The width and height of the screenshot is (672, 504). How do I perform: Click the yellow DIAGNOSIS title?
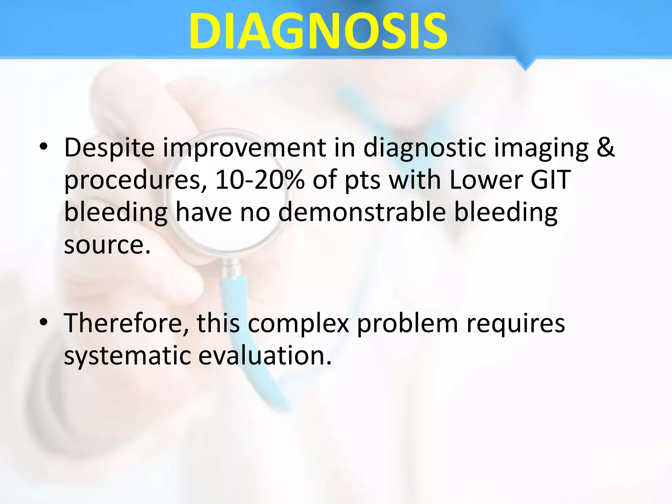[x=318, y=31]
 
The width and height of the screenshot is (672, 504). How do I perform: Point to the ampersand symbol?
[x=605, y=147]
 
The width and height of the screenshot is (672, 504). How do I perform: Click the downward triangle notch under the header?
[x=525, y=64]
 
